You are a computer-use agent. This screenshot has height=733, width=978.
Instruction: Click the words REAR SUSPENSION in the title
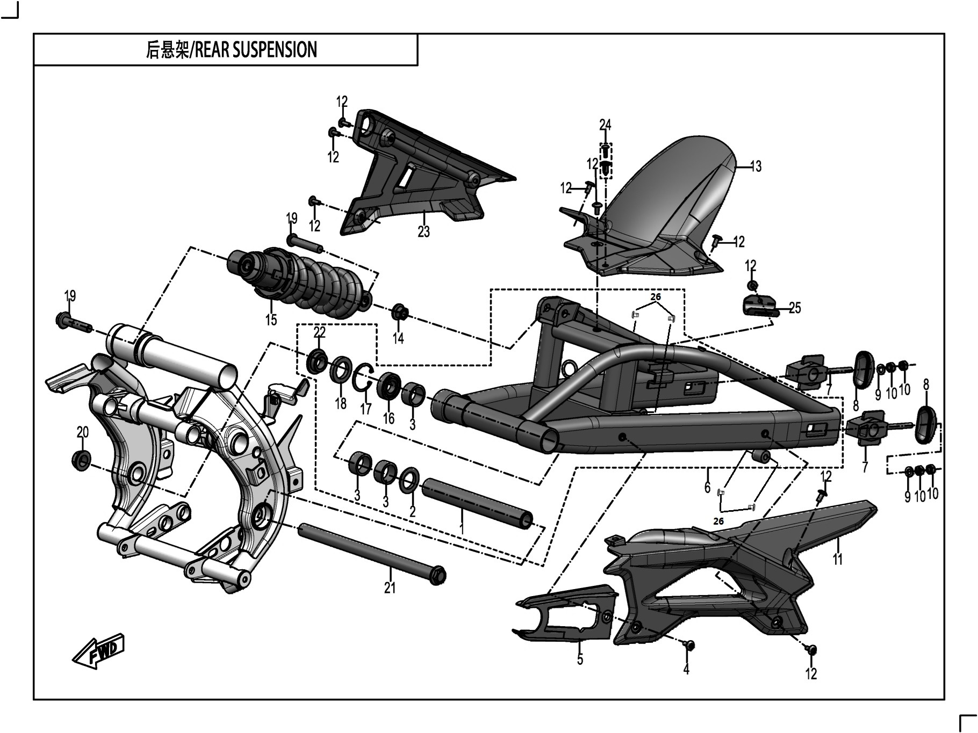coord(255,50)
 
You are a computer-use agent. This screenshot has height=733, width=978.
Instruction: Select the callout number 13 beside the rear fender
coord(756,166)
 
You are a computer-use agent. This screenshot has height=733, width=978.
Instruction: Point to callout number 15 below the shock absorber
coord(271,320)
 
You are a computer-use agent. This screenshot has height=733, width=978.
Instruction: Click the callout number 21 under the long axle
coord(390,588)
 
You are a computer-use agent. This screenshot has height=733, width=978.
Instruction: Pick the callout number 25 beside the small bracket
coord(795,308)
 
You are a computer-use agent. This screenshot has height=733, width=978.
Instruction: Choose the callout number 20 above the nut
coord(82,432)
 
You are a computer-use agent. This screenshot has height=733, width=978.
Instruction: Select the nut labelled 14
coord(400,311)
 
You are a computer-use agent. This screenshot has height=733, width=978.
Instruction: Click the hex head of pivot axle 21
coord(438,575)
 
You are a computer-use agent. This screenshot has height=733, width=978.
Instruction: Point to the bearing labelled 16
coord(388,387)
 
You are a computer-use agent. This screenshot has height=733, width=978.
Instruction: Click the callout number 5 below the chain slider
coord(580,659)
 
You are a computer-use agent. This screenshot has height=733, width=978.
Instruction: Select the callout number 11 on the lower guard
coord(837,559)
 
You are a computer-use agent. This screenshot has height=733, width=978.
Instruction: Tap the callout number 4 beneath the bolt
coord(686,669)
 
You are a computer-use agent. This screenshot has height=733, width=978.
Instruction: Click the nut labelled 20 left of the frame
coord(82,460)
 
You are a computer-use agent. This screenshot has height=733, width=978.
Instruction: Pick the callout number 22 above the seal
coord(319,332)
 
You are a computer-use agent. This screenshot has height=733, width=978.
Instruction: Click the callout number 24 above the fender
coord(605,125)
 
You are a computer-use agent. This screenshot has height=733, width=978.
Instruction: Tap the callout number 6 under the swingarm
coord(707,487)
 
